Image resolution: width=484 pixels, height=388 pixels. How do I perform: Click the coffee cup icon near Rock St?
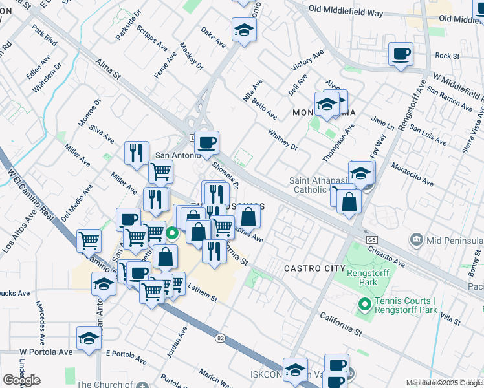(401, 54)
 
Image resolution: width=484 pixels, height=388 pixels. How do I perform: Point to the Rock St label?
(447, 56)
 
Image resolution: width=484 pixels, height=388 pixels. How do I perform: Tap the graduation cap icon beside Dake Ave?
(245, 29)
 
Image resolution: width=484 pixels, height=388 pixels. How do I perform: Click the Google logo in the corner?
(21, 380)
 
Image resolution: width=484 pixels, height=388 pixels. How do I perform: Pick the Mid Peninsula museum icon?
(416, 241)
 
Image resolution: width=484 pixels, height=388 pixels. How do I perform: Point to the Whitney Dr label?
(282, 138)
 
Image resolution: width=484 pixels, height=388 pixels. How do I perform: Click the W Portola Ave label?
(46, 352)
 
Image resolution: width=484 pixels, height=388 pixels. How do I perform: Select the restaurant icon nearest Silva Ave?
(137, 153)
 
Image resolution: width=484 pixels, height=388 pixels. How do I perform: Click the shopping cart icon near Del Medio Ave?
(89, 241)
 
